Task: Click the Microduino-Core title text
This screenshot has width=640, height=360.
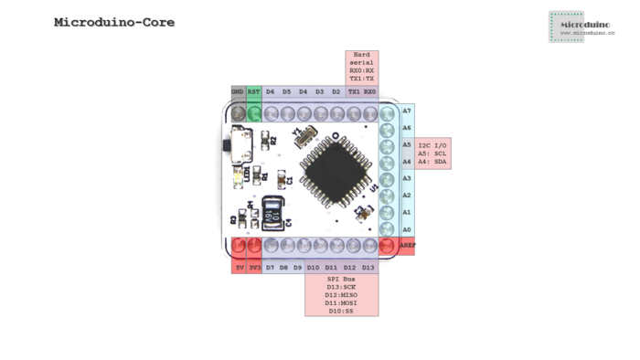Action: pos(114,22)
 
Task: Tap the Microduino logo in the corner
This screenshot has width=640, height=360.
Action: pos(584,26)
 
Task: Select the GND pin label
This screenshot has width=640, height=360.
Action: pos(238,92)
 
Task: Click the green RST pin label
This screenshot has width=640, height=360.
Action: pos(254,92)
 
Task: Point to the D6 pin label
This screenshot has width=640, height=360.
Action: pos(271,92)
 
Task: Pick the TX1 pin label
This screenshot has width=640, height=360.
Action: pos(353,92)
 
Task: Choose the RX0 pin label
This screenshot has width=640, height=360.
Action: pos(369,92)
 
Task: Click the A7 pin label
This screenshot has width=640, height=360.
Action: pos(406,111)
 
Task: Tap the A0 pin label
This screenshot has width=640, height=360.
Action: pos(406,229)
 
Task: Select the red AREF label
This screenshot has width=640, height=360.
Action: pos(406,246)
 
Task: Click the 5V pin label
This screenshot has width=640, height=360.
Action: pos(240,267)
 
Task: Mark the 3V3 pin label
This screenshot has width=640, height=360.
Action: pos(255,267)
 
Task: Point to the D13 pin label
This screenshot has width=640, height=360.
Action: pos(368,267)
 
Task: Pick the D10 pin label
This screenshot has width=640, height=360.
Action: pos(313,267)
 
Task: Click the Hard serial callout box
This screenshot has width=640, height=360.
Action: pos(361,68)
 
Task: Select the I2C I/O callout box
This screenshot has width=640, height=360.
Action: pos(433,153)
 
